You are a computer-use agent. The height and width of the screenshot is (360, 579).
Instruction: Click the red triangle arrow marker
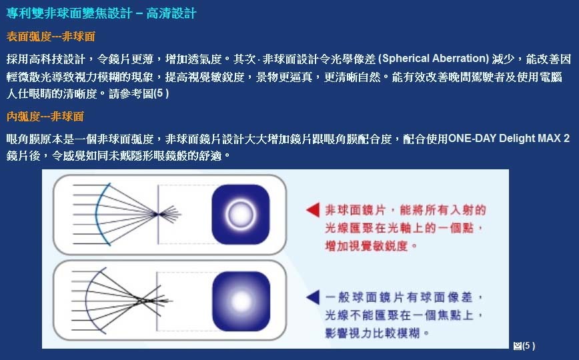pos(313,210)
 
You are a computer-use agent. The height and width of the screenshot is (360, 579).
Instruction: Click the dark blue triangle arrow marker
pos(314,297)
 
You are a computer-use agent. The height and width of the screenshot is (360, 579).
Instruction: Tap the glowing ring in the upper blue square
pos(241,215)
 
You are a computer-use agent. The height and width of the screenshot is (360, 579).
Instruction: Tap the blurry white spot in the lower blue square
pos(241,301)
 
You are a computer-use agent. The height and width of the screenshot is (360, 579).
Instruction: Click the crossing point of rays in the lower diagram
pos(141,301)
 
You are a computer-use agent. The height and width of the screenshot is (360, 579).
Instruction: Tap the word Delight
pos(513,139)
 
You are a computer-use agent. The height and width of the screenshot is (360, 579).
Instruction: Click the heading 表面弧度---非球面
pos(51,37)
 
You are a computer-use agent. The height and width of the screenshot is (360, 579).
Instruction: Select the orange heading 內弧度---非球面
pos(45,117)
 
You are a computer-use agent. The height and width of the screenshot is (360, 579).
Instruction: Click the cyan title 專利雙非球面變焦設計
pos(69,13)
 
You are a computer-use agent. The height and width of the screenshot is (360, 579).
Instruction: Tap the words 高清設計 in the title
pos(171,13)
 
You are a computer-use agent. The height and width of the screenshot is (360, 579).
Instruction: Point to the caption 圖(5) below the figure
pos(524,346)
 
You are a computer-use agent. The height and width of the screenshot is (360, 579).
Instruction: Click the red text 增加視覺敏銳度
pos(366,245)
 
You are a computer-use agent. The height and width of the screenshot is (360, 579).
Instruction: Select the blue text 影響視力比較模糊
pos(373,333)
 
